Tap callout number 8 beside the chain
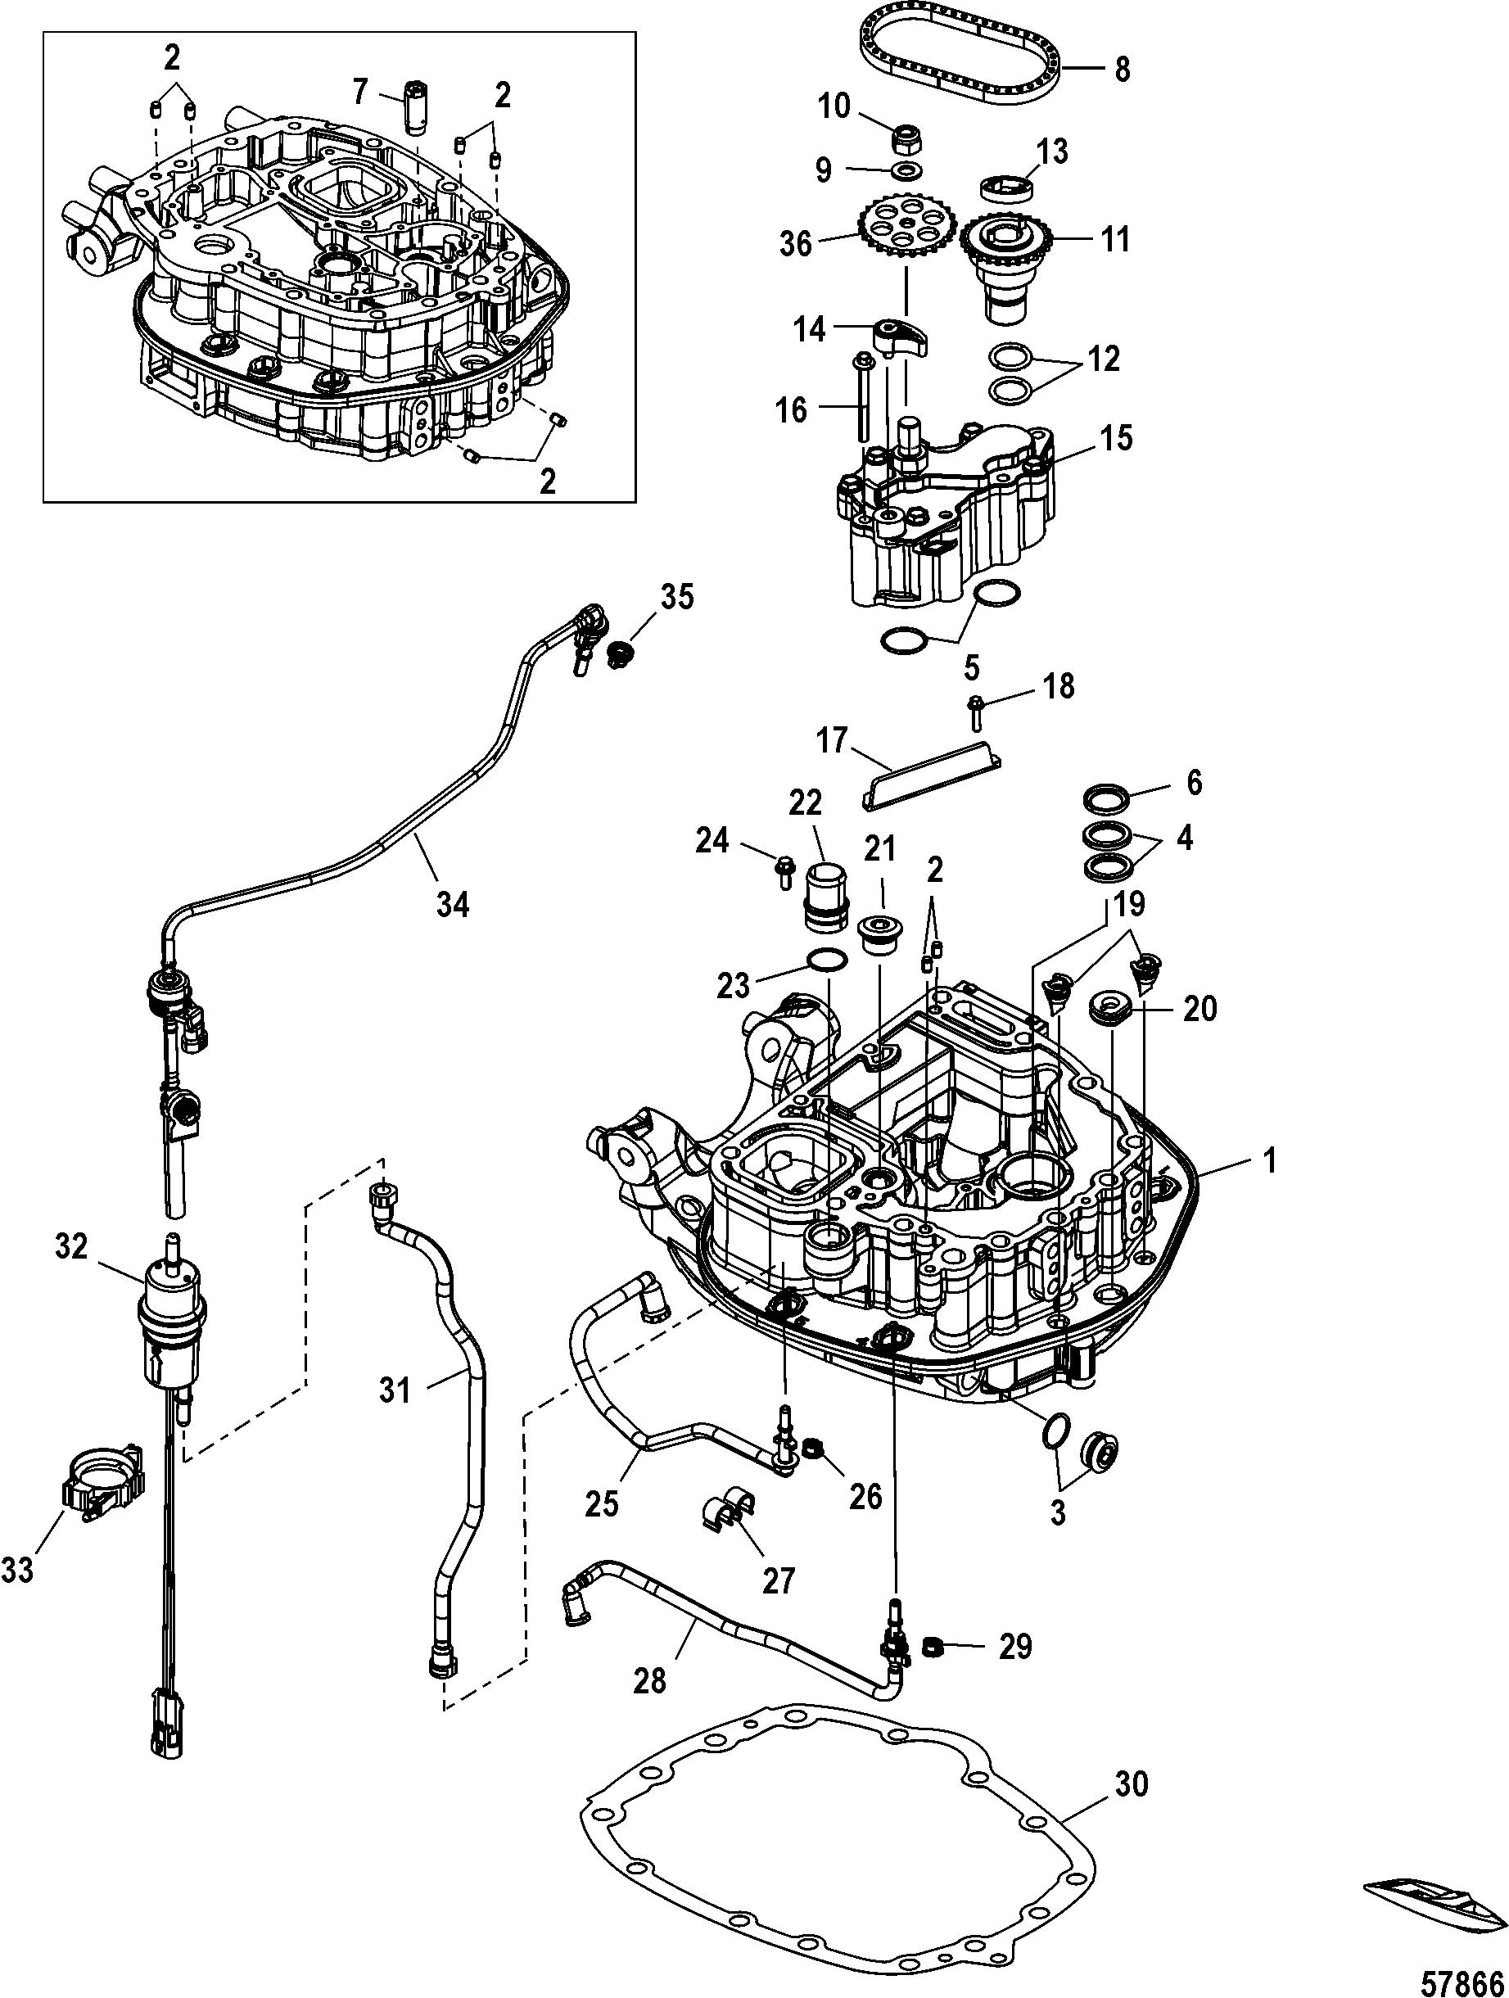(1122, 69)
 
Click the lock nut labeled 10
(905, 138)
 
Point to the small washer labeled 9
(905, 172)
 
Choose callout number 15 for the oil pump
(1114, 438)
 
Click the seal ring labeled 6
(1108, 800)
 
